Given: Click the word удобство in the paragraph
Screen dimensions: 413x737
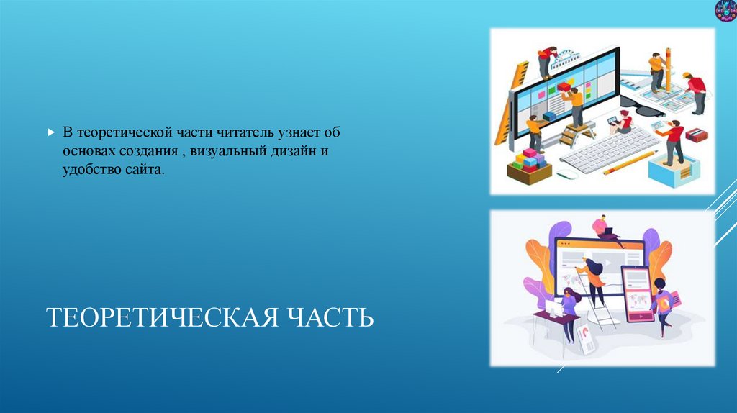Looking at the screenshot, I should point(90,172).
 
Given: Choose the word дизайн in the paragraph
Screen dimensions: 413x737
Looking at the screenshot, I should point(305,153).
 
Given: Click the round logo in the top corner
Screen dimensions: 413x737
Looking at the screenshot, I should point(724,11).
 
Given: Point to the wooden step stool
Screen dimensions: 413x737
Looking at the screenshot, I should point(579,134).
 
